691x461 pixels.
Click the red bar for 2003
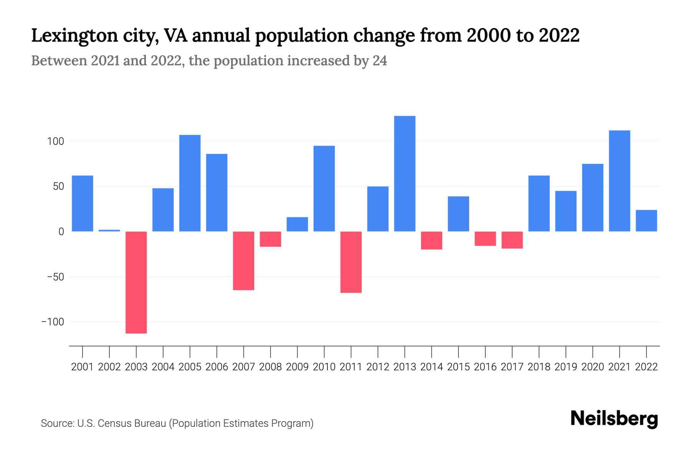[136, 282]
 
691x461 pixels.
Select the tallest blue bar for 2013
[405, 174]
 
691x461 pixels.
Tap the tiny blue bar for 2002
[109, 230]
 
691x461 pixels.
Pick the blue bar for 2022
[646, 221]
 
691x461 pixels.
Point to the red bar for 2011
[351, 262]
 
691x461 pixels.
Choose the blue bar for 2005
[190, 183]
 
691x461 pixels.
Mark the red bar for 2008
[271, 239]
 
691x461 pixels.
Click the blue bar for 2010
[324, 189]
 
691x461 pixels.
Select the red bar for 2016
[485, 239]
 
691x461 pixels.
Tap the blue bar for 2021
[620, 181]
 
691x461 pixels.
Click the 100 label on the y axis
[55, 141]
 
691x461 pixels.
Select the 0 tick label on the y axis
[61, 232]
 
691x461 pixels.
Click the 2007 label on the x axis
[244, 367]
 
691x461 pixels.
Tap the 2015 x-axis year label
[458, 367]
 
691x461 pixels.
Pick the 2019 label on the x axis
[566, 367]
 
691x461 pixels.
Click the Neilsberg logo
[614, 419]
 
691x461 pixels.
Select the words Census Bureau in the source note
[132, 423]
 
